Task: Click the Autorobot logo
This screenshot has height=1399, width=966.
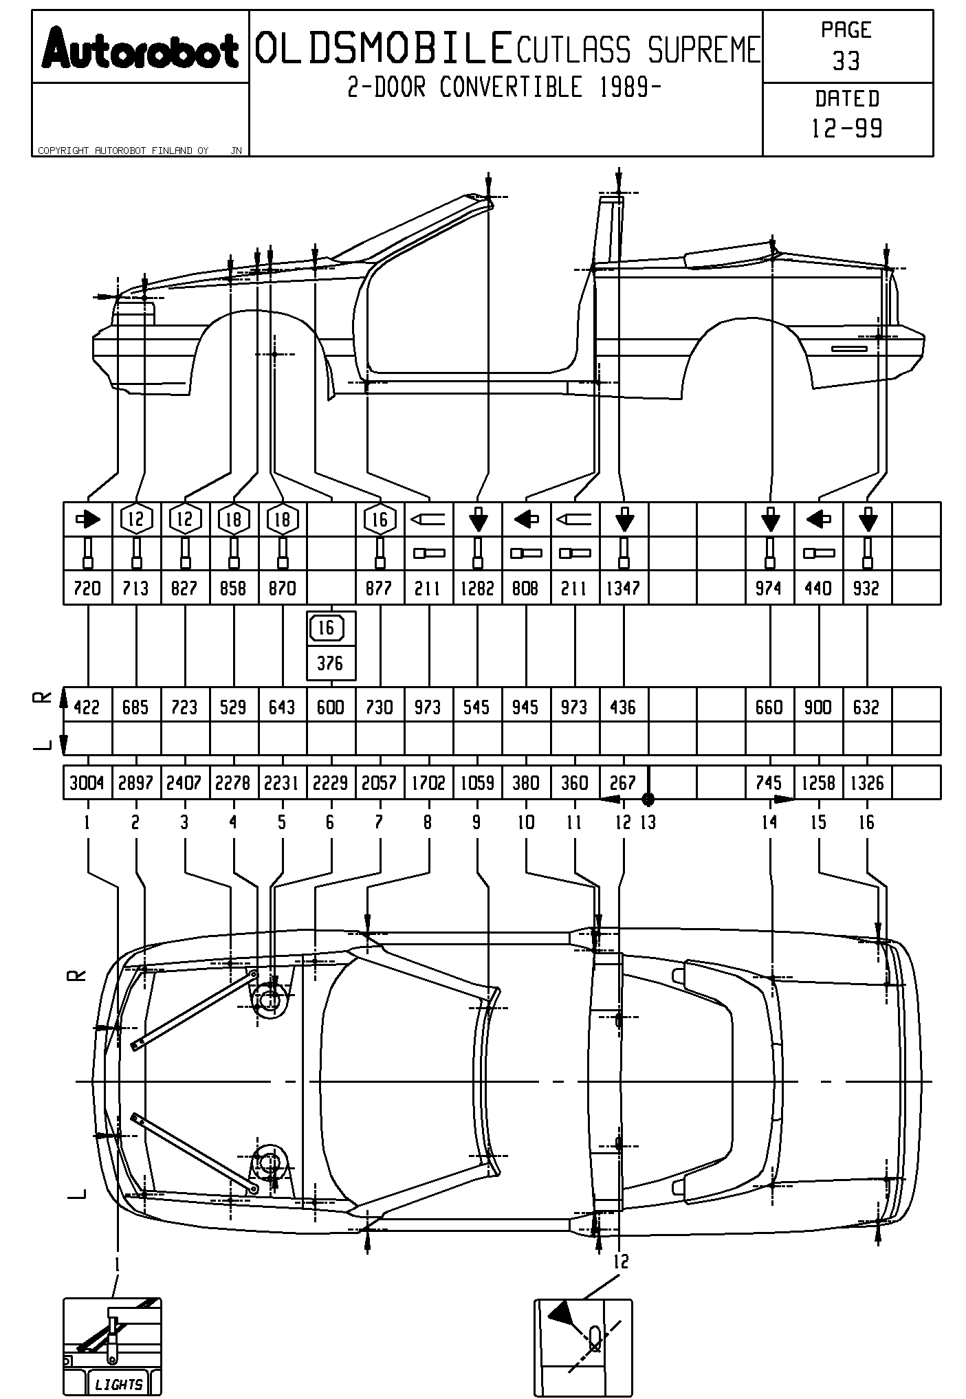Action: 140,49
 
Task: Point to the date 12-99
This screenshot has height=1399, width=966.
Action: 847,129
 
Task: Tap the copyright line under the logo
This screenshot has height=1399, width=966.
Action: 124,151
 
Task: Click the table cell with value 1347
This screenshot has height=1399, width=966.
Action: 624,588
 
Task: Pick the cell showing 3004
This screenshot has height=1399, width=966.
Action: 87,783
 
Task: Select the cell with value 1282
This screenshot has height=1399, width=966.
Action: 477,588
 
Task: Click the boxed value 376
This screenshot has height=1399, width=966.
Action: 331,663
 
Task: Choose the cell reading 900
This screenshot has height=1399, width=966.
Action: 817,707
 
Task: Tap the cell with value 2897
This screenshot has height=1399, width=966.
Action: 135,783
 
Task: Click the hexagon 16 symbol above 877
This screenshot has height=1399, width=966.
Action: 380,520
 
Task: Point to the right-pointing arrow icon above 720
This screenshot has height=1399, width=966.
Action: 87,520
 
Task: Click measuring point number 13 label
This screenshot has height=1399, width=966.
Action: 648,822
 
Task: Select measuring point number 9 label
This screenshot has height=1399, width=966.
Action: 476,822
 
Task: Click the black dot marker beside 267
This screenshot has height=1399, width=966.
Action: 648,799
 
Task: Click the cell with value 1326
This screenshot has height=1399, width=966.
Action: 867,783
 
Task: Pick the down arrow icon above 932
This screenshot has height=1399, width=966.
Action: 868,520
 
